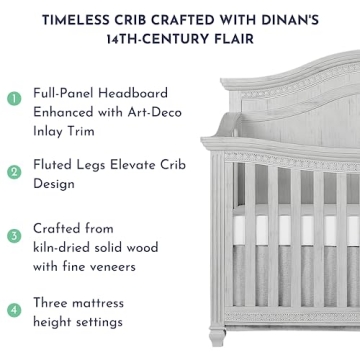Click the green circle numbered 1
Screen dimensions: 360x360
pyautogui.click(x=14, y=100)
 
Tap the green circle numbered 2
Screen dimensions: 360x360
pyautogui.click(x=14, y=172)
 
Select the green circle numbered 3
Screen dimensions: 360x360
pyautogui.click(x=14, y=237)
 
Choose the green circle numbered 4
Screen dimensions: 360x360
pyautogui.click(x=14, y=309)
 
